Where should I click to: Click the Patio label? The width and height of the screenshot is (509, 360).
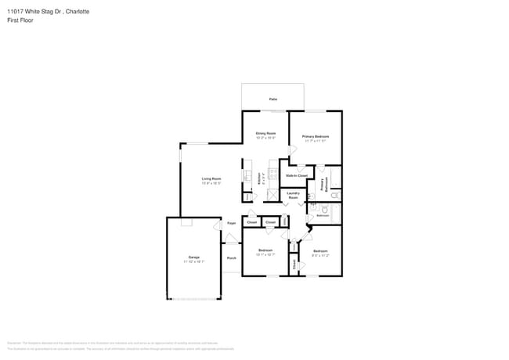[273, 99]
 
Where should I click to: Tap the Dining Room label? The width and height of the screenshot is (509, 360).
[265, 133]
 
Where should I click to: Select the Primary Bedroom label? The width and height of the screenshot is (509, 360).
[316, 136]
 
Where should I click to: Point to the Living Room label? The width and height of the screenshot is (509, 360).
[211, 179]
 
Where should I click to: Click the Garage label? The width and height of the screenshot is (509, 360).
[193, 257]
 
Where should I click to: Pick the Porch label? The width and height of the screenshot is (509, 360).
[232, 257]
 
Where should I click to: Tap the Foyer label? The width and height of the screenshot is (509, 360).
[232, 223]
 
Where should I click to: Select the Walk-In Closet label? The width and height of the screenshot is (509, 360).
[296, 176]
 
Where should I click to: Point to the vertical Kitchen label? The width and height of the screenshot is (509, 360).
[259, 178]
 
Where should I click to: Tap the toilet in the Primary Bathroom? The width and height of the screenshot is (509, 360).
[334, 193]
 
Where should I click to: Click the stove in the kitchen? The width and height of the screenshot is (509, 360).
[273, 174]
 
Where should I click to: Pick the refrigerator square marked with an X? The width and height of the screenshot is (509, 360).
[273, 196]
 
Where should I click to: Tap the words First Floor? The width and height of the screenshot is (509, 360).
[22, 20]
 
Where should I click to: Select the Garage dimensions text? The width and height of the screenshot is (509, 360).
[193, 261]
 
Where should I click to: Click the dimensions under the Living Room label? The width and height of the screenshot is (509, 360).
[211, 183]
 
